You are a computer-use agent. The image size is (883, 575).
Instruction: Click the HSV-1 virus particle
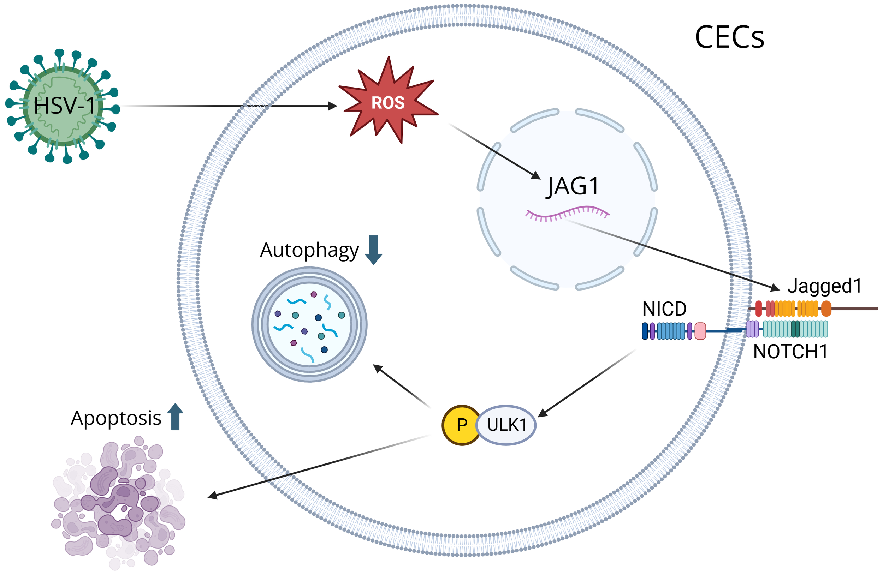pyautogui.click(x=62, y=106)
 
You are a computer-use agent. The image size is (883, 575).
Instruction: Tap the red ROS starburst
pyautogui.click(x=388, y=102)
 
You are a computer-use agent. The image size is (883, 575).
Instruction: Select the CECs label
pyautogui.click(x=729, y=37)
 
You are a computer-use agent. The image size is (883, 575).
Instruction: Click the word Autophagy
pyautogui.click(x=309, y=251)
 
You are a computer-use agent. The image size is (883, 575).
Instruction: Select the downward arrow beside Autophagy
pyautogui.click(x=373, y=250)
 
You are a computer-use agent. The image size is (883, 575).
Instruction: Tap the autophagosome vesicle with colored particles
pyautogui.click(x=309, y=324)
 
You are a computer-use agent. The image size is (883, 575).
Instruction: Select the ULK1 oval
pyautogui.click(x=506, y=425)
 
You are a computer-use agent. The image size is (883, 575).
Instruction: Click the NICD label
pyautogui.click(x=664, y=309)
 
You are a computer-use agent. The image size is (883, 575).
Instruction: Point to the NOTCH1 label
pyautogui.click(x=790, y=352)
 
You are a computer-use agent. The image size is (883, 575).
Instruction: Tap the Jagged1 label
pyautogui.click(x=824, y=286)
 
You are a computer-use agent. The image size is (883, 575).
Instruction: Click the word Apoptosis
pyautogui.click(x=116, y=419)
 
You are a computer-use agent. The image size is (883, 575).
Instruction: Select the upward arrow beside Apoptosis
pyautogui.click(x=175, y=417)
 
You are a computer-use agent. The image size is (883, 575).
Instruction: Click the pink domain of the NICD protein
pyautogui.click(x=700, y=331)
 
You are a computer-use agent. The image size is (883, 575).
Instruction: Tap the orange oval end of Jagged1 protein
pyautogui.click(x=826, y=309)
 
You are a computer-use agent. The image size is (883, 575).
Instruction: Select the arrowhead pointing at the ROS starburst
pyautogui.click(x=333, y=106)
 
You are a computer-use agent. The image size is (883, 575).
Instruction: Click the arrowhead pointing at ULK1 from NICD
pyautogui.click(x=543, y=413)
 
